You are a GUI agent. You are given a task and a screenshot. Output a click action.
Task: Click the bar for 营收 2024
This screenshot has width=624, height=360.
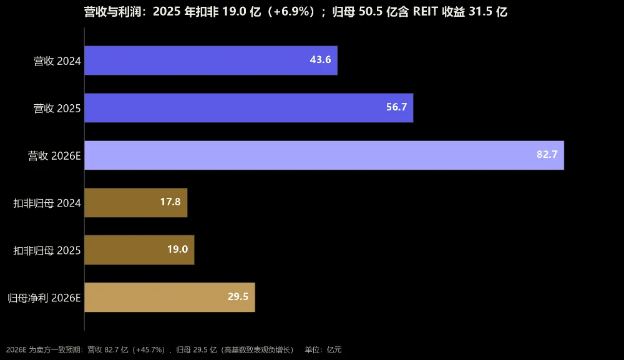click(211, 61)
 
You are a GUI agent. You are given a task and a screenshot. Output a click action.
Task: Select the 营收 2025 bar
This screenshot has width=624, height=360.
click(249, 108)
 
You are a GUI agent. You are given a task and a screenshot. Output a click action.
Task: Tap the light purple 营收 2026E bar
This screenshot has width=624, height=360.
click(324, 155)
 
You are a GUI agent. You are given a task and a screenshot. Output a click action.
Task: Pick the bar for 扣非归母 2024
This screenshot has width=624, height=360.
click(135, 203)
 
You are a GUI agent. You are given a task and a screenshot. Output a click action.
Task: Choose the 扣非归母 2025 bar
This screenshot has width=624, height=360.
click(139, 250)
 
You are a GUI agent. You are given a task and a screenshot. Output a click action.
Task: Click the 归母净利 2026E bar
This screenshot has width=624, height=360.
click(170, 297)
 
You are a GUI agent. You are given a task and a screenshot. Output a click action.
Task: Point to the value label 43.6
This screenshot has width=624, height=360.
click(320, 60)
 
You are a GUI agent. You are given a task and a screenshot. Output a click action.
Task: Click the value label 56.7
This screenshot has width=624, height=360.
click(396, 107)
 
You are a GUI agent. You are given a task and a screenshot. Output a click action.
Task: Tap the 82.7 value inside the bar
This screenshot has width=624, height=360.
click(547, 154)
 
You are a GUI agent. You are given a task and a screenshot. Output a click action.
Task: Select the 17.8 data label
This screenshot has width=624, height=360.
click(170, 202)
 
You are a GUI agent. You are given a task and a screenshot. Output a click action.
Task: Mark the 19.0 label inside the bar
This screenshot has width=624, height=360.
click(177, 249)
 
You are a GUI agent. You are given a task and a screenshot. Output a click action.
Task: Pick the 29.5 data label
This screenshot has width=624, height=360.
click(238, 296)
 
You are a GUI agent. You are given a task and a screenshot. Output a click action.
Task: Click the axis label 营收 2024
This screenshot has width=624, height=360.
click(57, 61)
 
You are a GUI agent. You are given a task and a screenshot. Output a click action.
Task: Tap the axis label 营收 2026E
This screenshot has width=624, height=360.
click(54, 155)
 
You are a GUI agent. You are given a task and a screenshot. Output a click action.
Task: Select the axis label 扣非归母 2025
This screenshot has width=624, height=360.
click(47, 251)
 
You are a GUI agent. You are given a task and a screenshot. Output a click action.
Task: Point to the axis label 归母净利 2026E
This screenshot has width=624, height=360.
click(44, 298)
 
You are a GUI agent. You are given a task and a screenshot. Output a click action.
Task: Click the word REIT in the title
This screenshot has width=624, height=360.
click(426, 12)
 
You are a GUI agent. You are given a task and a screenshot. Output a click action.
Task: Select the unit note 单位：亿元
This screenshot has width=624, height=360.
click(323, 349)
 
